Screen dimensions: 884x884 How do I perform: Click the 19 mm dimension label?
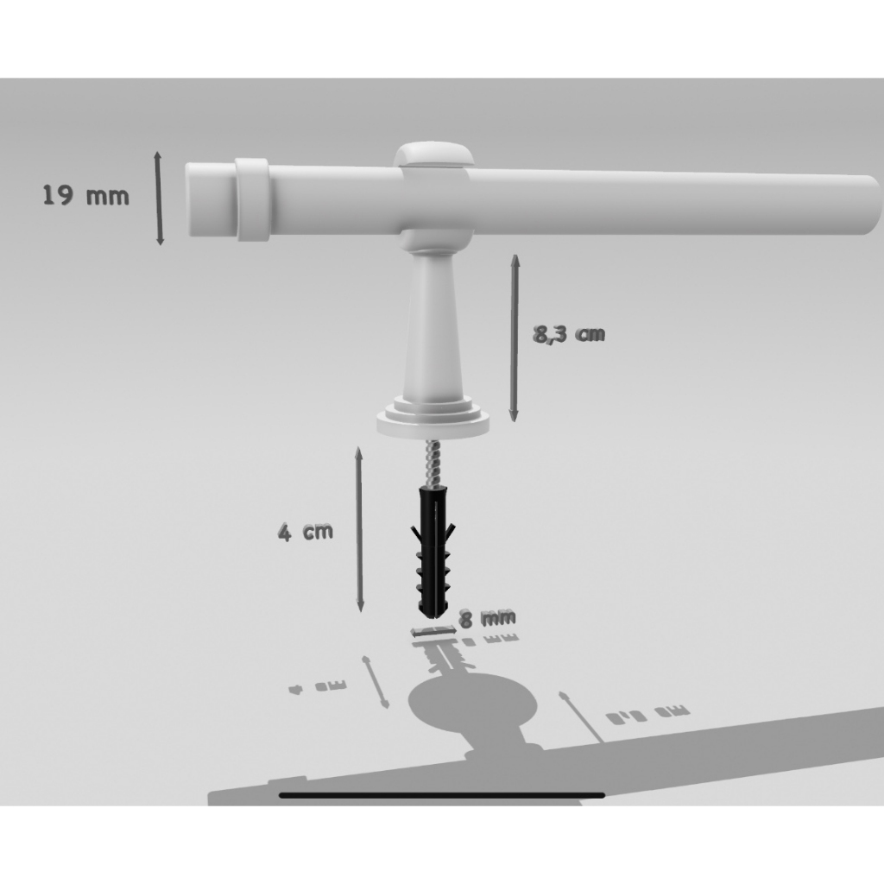pyautogui.click(x=85, y=196)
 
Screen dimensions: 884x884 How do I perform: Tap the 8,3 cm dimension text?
pyautogui.click(x=568, y=334)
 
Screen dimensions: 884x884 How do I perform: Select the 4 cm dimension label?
pyautogui.click(x=305, y=532)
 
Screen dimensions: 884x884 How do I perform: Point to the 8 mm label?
pyautogui.click(x=486, y=617)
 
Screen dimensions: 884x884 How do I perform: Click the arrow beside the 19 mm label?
pyautogui.click(x=159, y=198)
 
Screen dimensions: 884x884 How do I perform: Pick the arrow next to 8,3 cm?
pyautogui.click(x=515, y=338)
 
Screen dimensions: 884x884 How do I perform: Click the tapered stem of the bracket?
pyautogui.click(x=433, y=328)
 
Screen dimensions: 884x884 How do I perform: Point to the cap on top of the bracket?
pyautogui.click(x=433, y=155)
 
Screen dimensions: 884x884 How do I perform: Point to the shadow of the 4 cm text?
pyautogui.click(x=318, y=688)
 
